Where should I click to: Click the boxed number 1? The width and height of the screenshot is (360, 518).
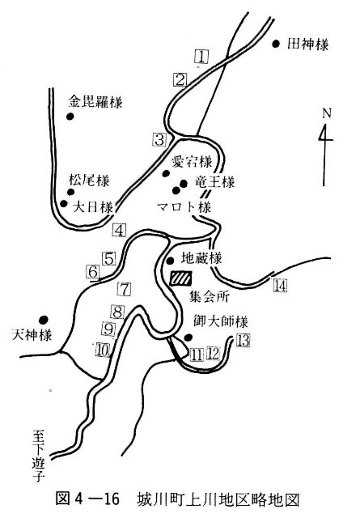(x=201, y=56)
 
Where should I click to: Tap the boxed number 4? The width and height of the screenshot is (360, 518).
(x=119, y=230)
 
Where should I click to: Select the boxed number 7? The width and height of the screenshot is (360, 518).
(x=125, y=290)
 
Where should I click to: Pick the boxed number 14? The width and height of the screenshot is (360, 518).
(x=280, y=286)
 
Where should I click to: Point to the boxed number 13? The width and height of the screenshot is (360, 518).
(x=243, y=340)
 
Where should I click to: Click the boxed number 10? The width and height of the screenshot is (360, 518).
(x=103, y=350)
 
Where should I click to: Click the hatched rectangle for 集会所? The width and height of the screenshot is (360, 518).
(x=180, y=278)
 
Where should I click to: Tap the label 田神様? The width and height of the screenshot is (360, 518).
(x=307, y=44)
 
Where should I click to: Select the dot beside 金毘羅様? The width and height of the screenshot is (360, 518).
(x=70, y=117)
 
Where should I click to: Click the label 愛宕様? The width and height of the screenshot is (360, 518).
(x=192, y=162)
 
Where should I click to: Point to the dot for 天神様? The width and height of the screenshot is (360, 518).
(x=43, y=320)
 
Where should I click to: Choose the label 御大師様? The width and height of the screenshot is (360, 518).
(x=221, y=321)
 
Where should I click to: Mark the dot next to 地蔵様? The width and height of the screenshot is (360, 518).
(x=170, y=261)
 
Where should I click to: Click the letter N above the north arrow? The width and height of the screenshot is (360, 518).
(x=327, y=113)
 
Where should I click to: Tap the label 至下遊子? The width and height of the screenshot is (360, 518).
(x=38, y=455)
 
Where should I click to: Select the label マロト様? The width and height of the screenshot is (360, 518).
(x=184, y=207)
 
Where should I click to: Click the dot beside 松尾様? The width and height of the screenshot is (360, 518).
(x=70, y=192)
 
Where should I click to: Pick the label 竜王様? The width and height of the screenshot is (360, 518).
(x=214, y=182)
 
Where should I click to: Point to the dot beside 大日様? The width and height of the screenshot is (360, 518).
(x=64, y=203)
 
